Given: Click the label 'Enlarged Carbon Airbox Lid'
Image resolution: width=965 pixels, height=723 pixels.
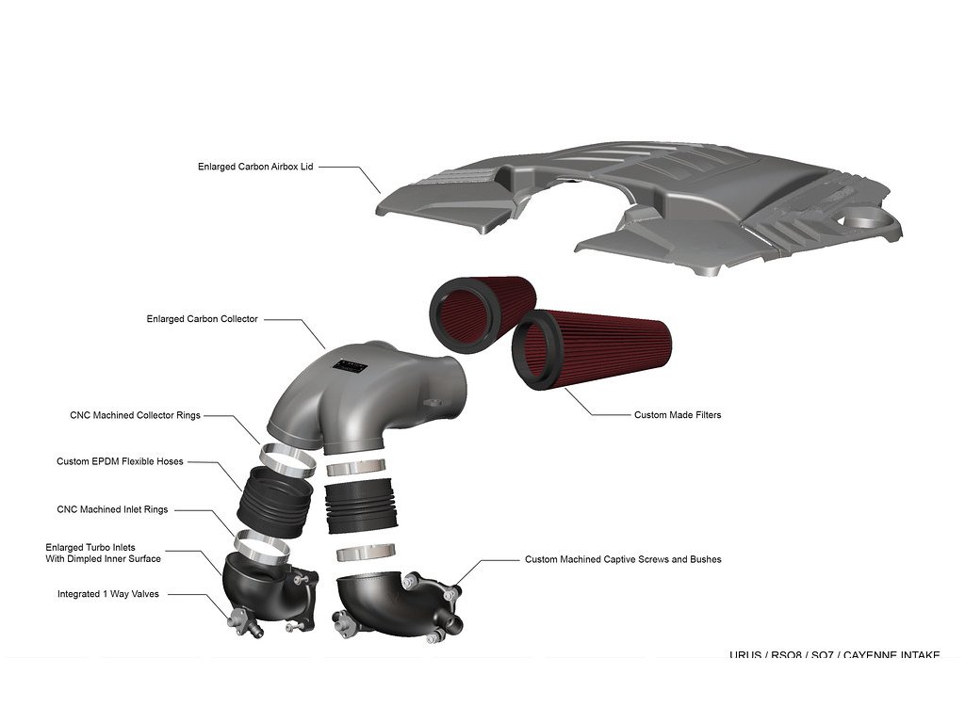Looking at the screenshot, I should tap(254, 167).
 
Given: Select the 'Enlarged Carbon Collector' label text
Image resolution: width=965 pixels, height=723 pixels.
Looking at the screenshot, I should tap(202, 319).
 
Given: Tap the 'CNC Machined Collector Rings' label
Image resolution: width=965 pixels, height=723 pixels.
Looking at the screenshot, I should tap(135, 415).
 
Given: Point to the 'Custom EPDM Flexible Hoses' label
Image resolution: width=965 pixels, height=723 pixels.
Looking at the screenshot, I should tap(120, 461).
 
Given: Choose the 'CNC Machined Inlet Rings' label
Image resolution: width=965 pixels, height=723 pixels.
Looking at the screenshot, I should tap(112, 509).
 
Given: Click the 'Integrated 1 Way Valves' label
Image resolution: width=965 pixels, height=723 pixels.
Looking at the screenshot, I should tap(108, 594).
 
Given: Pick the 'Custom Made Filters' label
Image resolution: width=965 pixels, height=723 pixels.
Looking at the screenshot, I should tap(678, 414).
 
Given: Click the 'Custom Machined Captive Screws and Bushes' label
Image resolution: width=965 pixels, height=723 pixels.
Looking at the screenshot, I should tap(623, 559).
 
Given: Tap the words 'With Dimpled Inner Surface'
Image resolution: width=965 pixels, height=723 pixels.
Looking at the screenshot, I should tap(104, 558).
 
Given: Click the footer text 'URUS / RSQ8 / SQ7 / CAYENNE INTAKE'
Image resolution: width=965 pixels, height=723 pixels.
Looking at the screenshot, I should tap(834, 654).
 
